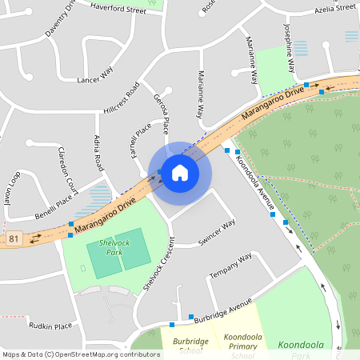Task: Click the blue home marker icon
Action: [179, 172]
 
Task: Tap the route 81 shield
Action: [13, 238]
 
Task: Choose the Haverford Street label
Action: [118, 10]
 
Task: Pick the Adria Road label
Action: [99, 153]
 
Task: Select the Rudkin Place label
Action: [50, 326]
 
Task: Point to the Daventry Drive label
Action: [61, 19]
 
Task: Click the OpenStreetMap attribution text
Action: [80, 354]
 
